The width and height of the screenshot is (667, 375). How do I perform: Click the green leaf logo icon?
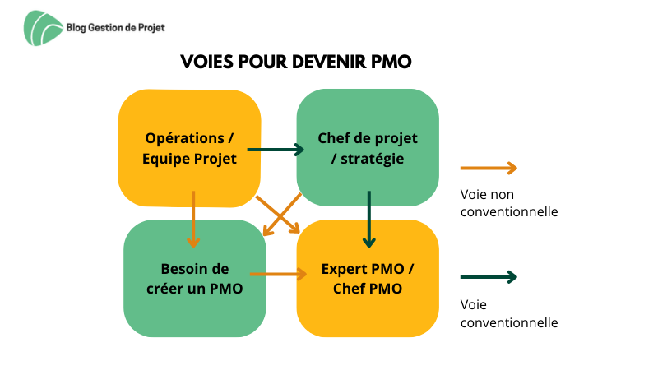tap(43, 28)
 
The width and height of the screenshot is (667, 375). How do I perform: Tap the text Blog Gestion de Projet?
tap(115, 28)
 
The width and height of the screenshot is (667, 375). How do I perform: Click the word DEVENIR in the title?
tap(329, 62)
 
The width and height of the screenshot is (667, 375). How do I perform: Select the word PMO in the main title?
tap(391, 62)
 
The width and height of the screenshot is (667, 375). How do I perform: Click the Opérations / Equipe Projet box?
tap(189, 148)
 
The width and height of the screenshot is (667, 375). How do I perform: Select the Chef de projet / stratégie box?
tap(368, 147)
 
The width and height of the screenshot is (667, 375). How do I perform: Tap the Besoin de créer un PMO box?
tap(195, 279)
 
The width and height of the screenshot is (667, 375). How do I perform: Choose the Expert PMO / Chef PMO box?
tap(368, 279)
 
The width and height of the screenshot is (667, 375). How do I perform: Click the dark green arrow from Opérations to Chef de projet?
tap(276, 150)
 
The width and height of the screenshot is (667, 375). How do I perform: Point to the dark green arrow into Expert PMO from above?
tap(368, 220)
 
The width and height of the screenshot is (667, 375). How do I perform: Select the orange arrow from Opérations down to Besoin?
tap(193, 220)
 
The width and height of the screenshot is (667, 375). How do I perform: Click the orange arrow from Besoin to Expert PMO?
tap(278, 274)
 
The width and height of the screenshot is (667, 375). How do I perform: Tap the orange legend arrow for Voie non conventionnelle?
tap(489, 168)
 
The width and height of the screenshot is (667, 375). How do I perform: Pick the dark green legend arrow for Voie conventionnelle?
tap(489, 277)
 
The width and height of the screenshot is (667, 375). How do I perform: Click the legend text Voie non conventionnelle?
tap(509, 203)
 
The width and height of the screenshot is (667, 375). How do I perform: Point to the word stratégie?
tap(373, 159)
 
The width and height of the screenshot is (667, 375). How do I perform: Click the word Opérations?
tap(184, 139)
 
